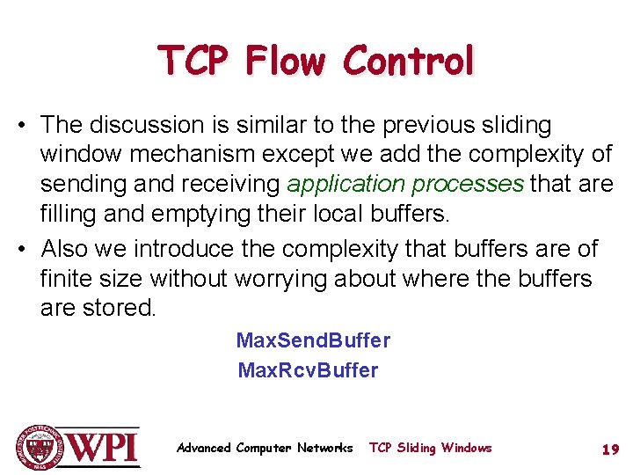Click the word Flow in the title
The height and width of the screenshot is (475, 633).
coord(287,62)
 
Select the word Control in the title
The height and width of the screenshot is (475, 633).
coord(409,62)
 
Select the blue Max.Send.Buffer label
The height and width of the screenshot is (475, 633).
coord(313,340)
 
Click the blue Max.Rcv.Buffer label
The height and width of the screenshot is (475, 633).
coord(308,370)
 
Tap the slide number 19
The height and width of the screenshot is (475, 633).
coord(610,449)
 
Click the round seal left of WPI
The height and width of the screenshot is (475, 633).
coord(39,447)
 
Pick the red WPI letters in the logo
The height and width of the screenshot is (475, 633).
coord(104,448)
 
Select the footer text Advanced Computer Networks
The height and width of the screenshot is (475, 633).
coord(265,449)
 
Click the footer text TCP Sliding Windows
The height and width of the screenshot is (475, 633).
coord(430,449)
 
